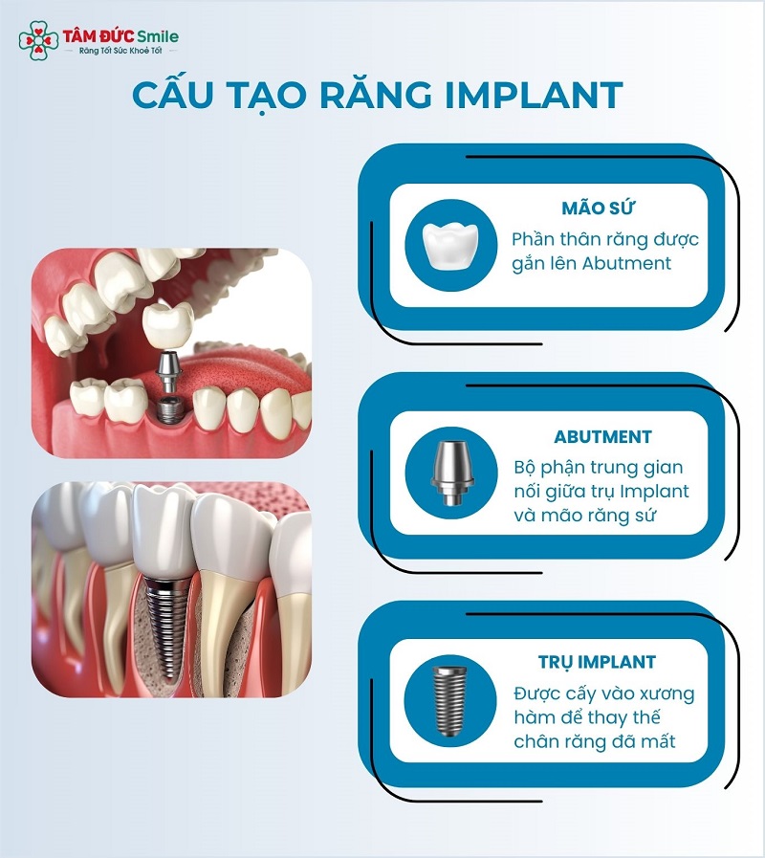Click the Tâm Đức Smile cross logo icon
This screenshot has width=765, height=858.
[38, 40]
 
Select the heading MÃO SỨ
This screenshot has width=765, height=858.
[598, 208]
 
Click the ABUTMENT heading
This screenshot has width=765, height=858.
[602, 437]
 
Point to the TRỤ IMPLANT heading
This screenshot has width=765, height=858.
[597, 662]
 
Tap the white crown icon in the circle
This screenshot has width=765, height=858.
[450, 245]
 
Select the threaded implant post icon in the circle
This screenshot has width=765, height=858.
[450, 700]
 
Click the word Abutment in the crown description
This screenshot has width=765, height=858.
[626, 263]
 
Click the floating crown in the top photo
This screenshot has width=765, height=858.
[168, 327]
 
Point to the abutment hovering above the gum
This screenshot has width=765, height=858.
[168, 371]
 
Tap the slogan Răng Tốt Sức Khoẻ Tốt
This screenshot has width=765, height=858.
[120, 51]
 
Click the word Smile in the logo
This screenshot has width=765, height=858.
[158, 36]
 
